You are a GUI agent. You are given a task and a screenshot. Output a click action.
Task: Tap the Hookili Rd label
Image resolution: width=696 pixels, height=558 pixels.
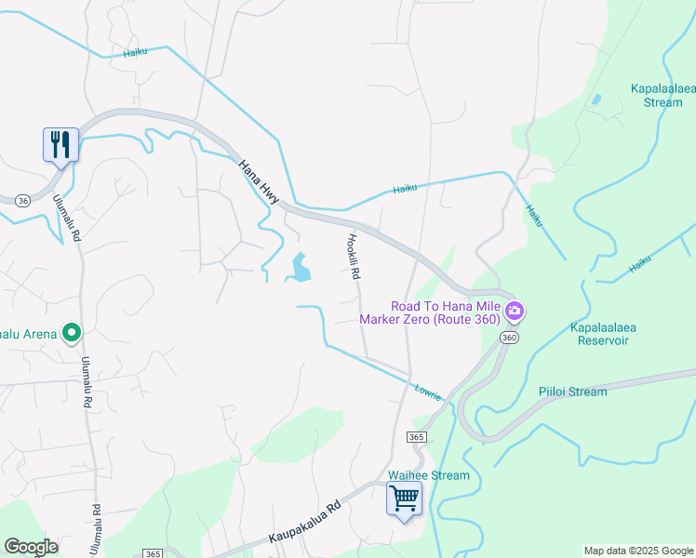pos(355,256)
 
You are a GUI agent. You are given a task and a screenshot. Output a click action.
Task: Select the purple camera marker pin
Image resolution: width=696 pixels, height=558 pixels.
pos(514,310)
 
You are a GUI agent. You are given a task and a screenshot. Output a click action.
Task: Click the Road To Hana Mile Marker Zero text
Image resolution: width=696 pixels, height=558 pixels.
pos(445,312)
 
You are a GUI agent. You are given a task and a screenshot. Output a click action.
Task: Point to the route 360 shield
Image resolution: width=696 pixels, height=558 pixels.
pos(508,338)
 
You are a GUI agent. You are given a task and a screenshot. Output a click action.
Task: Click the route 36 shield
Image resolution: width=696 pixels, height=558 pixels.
pos(21,199)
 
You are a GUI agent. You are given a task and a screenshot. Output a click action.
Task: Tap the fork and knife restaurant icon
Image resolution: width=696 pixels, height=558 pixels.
pos(60,145)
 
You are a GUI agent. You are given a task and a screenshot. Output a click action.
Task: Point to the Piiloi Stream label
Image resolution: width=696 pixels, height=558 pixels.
pos(572,392)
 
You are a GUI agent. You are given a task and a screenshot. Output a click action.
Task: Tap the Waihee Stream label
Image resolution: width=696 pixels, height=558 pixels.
pos(429,475)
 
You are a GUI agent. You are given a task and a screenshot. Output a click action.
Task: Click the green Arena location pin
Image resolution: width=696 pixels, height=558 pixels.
pos(71,333)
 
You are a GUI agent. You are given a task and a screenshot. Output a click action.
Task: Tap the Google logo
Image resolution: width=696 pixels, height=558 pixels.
pos(30,547)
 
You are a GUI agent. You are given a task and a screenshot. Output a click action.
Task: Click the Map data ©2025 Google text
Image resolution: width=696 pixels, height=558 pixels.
pos(637,551)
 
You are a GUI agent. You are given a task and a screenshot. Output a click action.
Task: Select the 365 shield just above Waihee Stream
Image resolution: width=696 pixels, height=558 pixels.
pos(416,436)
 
